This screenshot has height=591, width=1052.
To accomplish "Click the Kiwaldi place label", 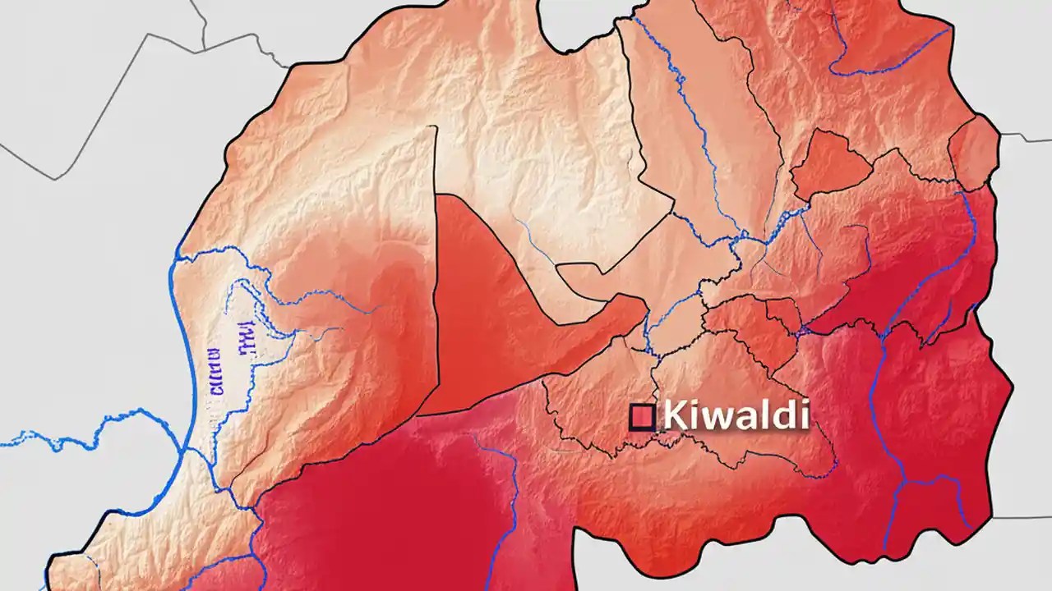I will [735, 415].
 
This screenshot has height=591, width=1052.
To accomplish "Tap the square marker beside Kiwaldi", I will [642, 417].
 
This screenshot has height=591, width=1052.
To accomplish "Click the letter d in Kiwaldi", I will [777, 415].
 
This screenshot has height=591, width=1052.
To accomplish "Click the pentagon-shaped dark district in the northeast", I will [830, 164].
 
